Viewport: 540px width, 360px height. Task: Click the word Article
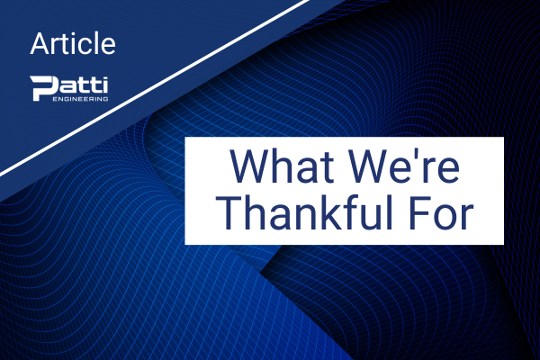click(73, 44)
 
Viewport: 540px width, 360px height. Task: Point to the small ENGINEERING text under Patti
click(80, 99)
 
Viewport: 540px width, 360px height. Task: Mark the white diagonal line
click(154, 87)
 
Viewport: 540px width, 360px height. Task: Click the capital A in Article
click(41, 44)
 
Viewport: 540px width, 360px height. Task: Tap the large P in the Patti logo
click(41, 88)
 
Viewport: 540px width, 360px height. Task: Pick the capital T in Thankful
click(230, 213)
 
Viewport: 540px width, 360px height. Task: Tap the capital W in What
click(250, 166)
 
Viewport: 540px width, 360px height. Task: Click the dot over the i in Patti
click(104, 78)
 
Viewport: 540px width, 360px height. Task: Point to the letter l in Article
click(96, 43)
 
